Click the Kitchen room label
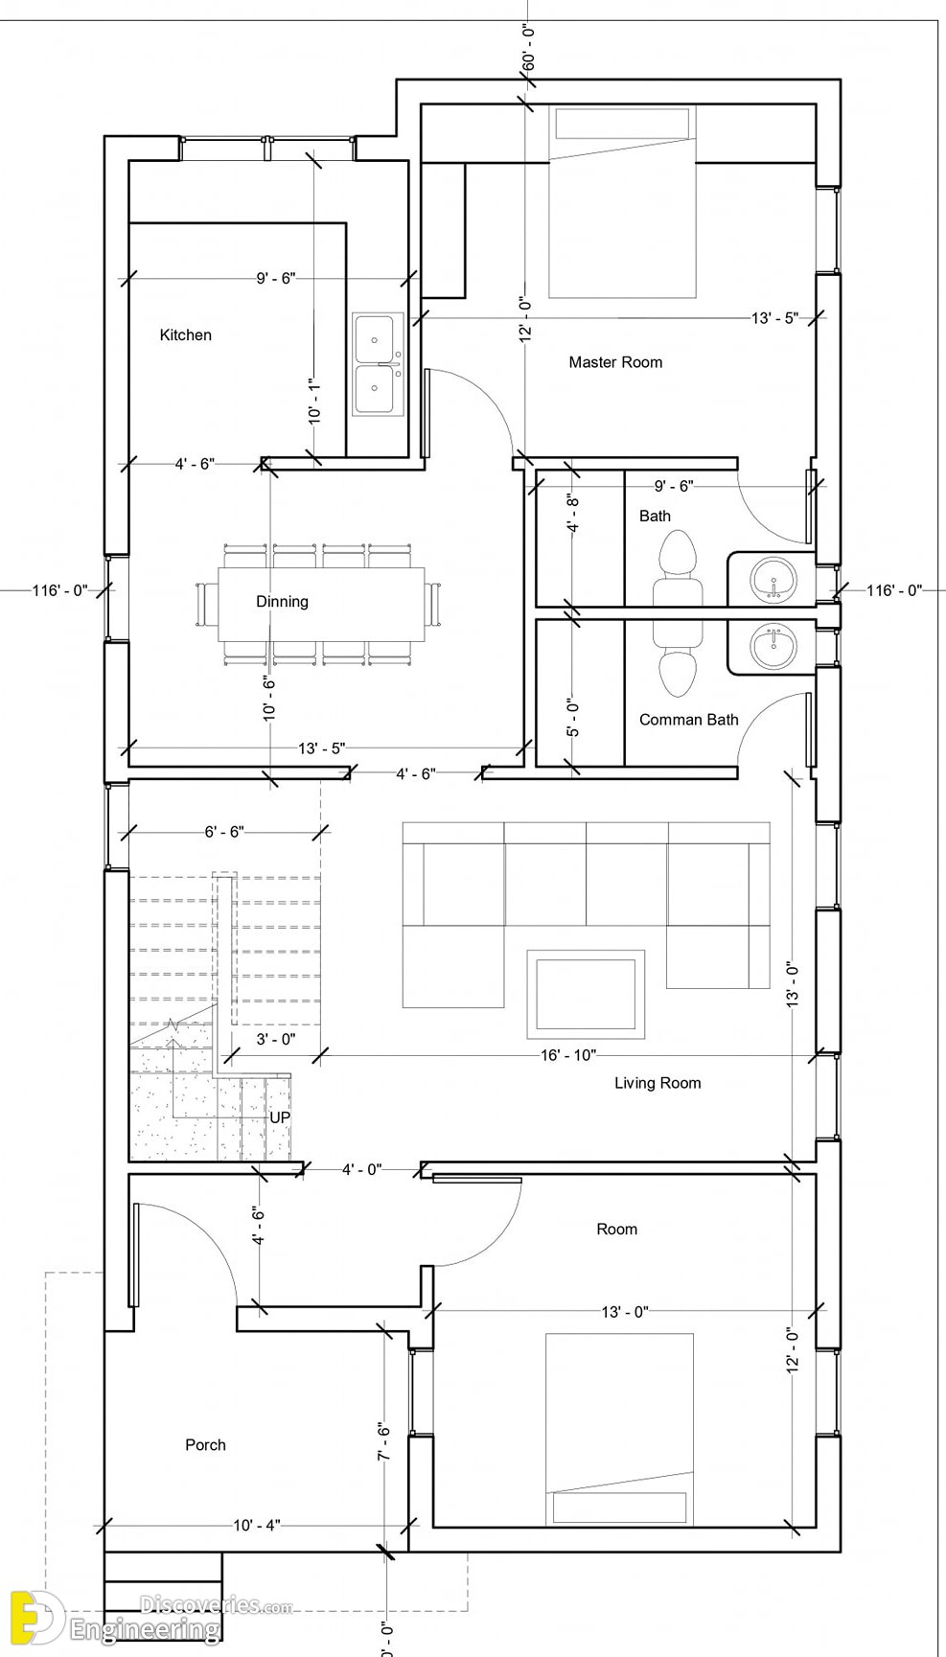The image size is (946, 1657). point(185,334)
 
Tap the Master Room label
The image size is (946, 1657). point(615,362)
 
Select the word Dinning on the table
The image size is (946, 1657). point(282,602)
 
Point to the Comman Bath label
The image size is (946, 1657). point(689,720)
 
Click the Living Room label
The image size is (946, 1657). point(658,1083)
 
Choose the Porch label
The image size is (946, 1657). point(205,1445)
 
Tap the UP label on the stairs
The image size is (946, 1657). point(280,1117)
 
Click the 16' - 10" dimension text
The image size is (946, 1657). point(568,1056)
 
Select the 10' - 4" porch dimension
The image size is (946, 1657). point(257,1526)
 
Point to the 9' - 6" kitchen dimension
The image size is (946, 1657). point(276,279)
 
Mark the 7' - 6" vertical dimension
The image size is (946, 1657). point(384,1441)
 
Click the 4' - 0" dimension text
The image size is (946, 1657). point(362,1169)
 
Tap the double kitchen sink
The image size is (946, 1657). point(380,364)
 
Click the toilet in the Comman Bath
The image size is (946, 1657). point(679,661)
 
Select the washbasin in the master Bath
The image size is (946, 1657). point(773,580)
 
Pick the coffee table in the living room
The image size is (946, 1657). point(586,994)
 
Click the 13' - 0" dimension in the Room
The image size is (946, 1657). point(625,1312)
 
